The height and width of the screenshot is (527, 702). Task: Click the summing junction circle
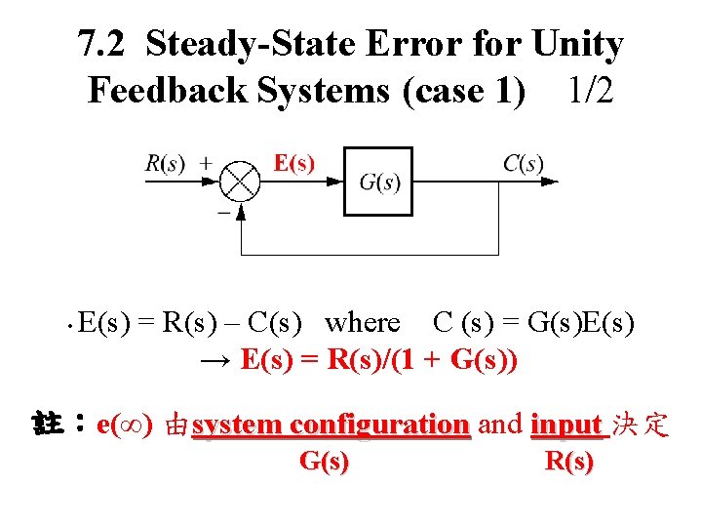(x=240, y=182)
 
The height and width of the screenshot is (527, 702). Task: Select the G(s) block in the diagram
(x=378, y=182)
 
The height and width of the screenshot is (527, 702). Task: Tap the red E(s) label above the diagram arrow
(x=293, y=162)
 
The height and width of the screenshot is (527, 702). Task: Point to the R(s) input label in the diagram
(x=165, y=164)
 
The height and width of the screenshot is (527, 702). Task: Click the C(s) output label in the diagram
(x=524, y=164)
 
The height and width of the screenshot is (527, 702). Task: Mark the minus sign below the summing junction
(x=223, y=210)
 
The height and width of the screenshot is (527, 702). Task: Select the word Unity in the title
(x=577, y=45)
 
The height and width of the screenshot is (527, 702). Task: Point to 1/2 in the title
(x=591, y=91)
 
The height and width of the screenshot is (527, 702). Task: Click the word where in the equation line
(x=363, y=322)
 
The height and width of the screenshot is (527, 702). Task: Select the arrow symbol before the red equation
(x=215, y=361)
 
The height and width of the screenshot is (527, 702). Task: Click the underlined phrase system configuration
(x=331, y=426)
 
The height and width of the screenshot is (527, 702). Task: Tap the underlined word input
(x=565, y=426)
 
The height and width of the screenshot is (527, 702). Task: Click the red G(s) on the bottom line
(x=323, y=462)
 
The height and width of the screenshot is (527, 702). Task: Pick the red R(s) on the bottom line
(x=569, y=462)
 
